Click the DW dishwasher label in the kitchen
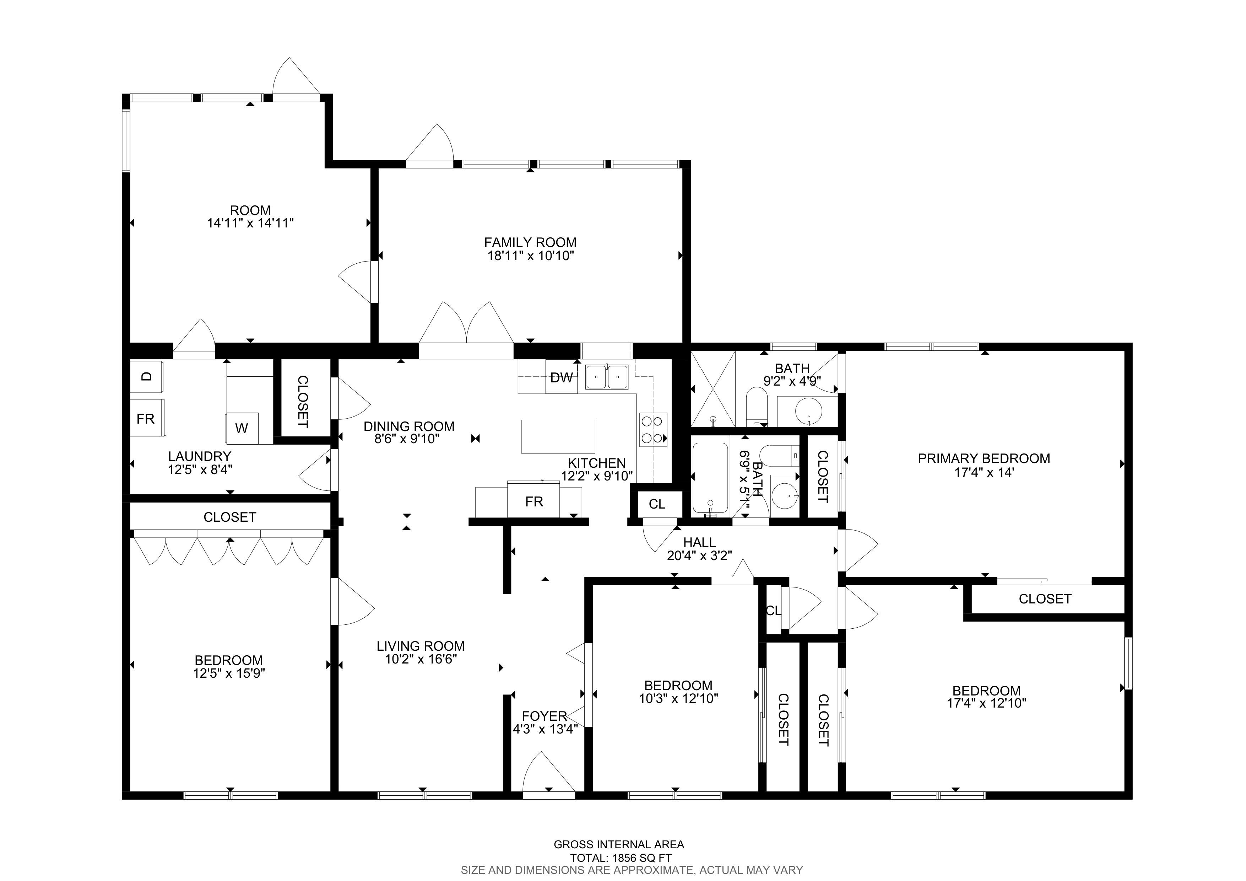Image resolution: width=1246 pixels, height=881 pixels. point(561,378)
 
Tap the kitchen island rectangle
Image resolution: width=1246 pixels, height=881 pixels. point(558,436)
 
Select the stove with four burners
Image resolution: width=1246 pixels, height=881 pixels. point(654,430)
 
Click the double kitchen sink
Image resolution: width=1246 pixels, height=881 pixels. point(607,377)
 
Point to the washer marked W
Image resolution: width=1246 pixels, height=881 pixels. point(242,428)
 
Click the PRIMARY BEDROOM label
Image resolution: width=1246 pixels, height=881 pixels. point(984,459)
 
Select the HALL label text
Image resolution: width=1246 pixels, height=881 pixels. point(699,542)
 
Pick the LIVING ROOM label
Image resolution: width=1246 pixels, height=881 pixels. point(421,646)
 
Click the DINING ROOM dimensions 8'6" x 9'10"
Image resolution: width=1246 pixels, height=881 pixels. point(407,439)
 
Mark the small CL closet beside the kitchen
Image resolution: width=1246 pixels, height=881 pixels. point(657,504)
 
